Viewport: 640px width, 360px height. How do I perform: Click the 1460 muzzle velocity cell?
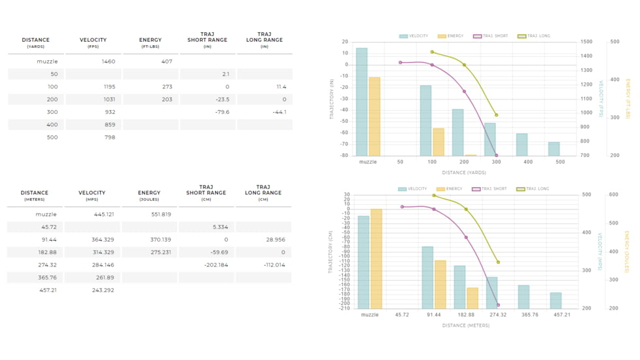tap(108, 62)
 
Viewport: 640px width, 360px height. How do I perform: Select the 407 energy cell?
tap(166, 62)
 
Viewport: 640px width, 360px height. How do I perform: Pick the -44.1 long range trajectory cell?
tap(279, 112)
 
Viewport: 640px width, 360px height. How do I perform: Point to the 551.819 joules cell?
tap(161, 215)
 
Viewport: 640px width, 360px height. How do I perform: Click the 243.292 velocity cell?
tap(103, 290)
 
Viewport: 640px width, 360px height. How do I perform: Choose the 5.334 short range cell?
tap(220, 227)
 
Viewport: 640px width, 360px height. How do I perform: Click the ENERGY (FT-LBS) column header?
tap(151, 43)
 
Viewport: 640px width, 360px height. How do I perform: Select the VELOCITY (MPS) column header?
tap(92, 195)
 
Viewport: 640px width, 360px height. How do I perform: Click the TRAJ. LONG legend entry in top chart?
tap(534, 36)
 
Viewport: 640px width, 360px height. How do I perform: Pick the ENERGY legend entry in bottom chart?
tap(450, 189)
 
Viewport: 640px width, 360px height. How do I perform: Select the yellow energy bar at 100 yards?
tap(438, 141)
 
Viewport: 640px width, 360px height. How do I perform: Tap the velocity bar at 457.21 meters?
tap(556, 300)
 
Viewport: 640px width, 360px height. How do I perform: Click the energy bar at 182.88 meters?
tap(472, 298)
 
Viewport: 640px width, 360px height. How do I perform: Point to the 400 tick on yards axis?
tap(528, 162)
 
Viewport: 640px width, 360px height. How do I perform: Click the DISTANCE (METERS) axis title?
tap(465, 325)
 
